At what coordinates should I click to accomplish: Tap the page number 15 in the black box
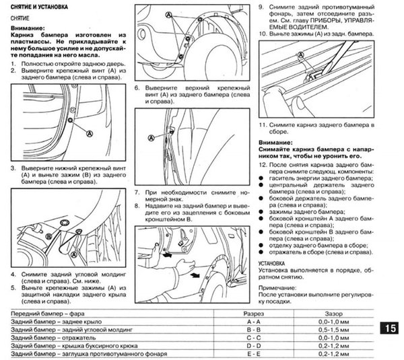391,329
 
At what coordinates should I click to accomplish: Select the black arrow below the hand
195,275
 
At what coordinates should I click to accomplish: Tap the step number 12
262,165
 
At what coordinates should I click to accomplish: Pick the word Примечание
277,287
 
